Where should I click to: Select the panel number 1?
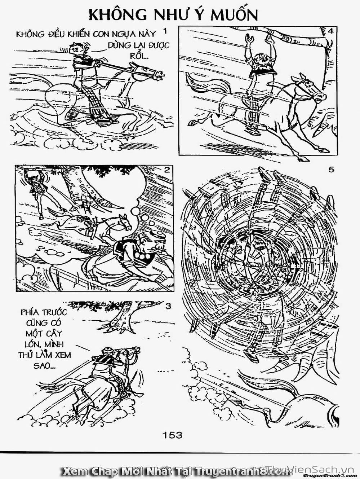pyautogui.click(x=165, y=32)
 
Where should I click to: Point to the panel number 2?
pyautogui.click(x=167, y=170)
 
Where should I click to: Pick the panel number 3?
pyautogui.click(x=168, y=307)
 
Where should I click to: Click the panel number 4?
pyautogui.click(x=330, y=32)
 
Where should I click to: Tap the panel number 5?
pyautogui.click(x=331, y=170)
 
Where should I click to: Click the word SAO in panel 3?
pyautogui.click(x=44, y=366)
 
